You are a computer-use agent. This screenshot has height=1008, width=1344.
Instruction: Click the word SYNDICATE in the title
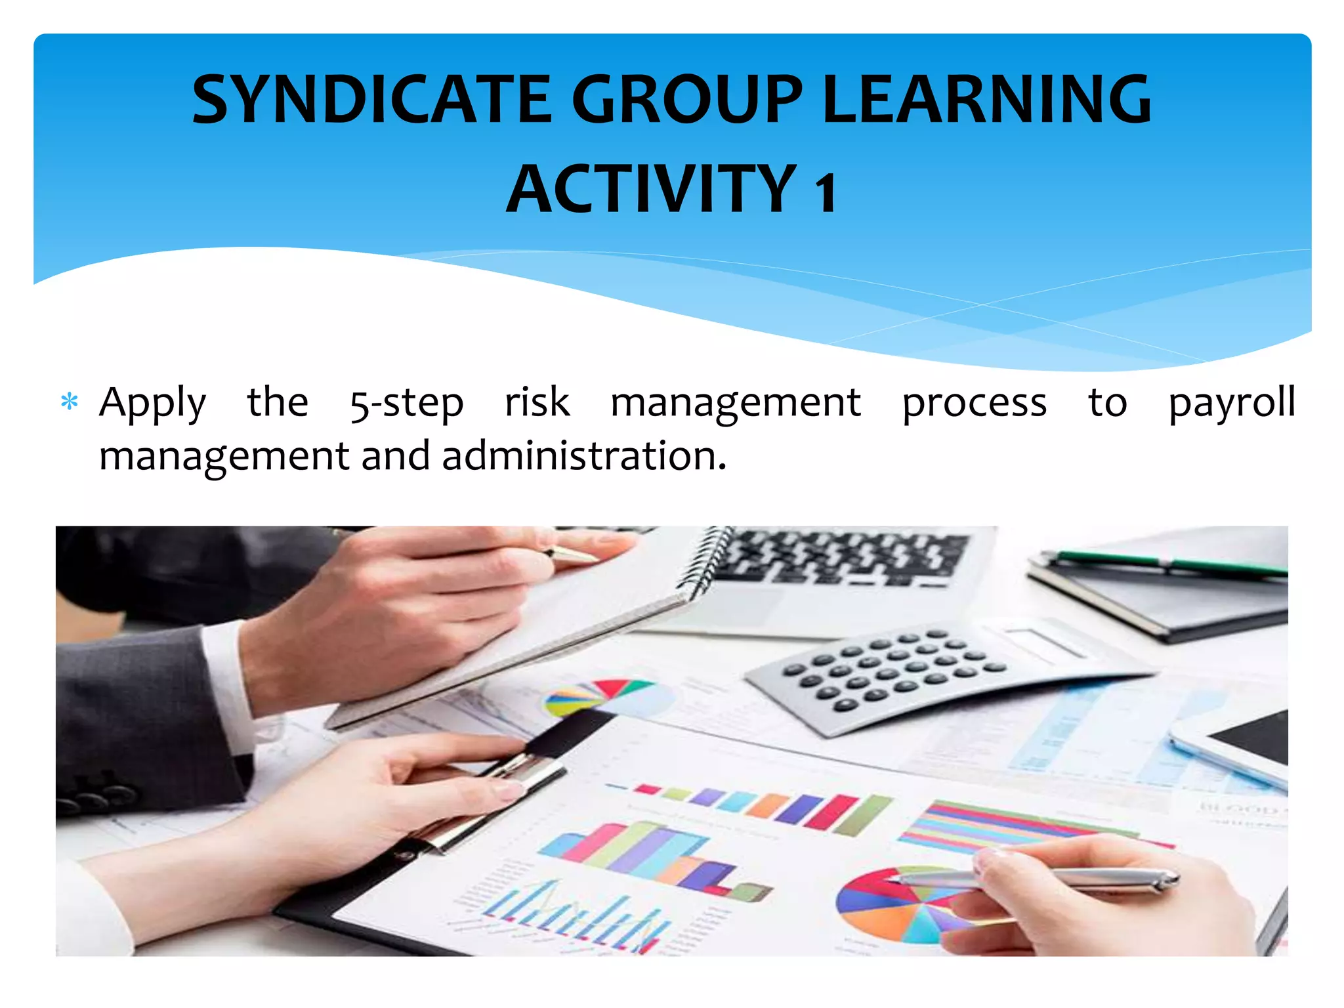(x=371, y=100)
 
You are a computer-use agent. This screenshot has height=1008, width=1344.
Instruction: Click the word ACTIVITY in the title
(x=652, y=190)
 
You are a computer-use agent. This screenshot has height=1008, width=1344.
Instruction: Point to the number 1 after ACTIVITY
(x=825, y=192)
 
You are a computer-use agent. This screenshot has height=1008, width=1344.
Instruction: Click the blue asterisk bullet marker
(x=69, y=402)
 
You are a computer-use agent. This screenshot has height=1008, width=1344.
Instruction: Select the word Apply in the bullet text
(x=152, y=403)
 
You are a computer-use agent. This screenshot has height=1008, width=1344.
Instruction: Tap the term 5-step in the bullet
(x=406, y=403)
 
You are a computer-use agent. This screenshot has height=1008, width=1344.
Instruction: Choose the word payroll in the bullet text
(x=1232, y=403)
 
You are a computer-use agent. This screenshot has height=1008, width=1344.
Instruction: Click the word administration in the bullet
(x=584, y=456)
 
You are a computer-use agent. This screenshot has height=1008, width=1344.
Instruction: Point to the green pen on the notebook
(x=1168, y=563)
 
